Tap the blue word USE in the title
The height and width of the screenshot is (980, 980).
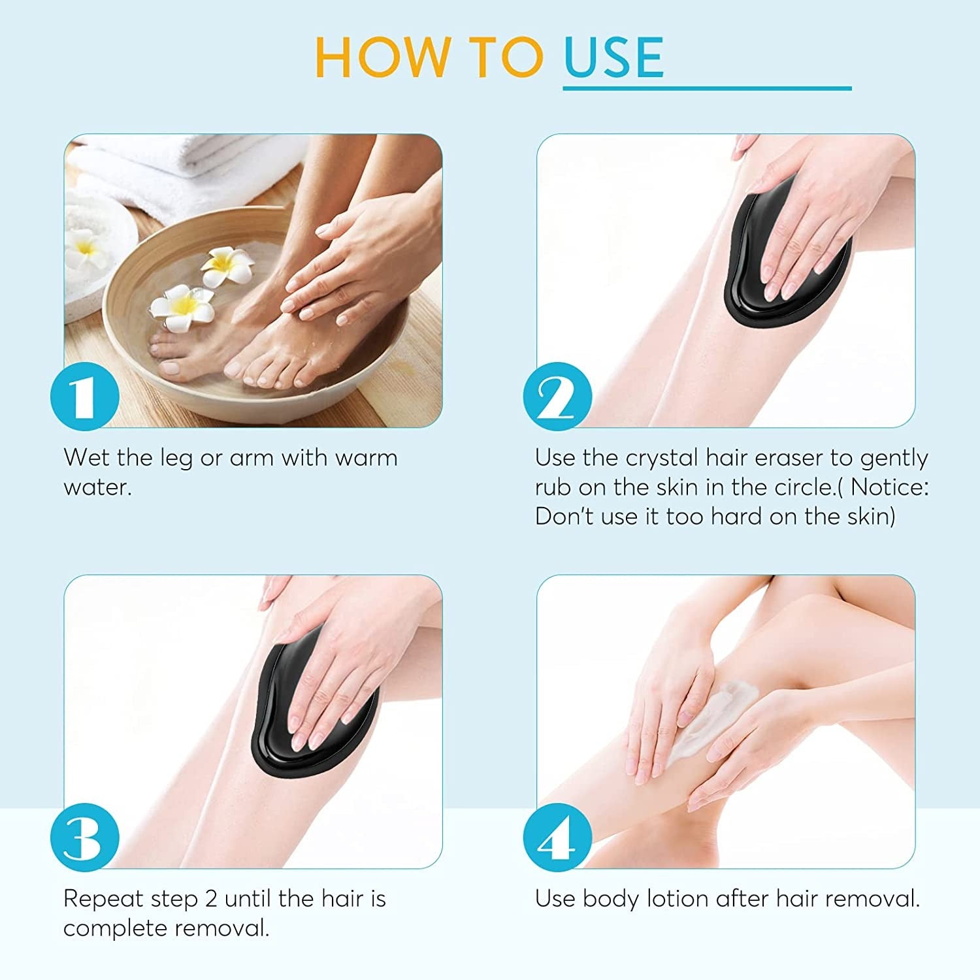pos(613,57)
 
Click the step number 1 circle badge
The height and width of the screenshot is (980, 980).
pos(85,396)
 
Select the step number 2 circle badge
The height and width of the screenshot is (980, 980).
pos(557,396)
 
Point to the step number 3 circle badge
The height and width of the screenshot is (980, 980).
pos(85,837)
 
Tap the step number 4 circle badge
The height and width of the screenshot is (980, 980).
pos(557,837)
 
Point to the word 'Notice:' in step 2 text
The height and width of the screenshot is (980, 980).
pos(889,487)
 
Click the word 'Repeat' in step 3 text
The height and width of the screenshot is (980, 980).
pos(103,899)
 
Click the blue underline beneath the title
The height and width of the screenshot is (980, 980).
pos(707,88)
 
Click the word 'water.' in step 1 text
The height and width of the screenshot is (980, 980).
pos(98,487)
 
